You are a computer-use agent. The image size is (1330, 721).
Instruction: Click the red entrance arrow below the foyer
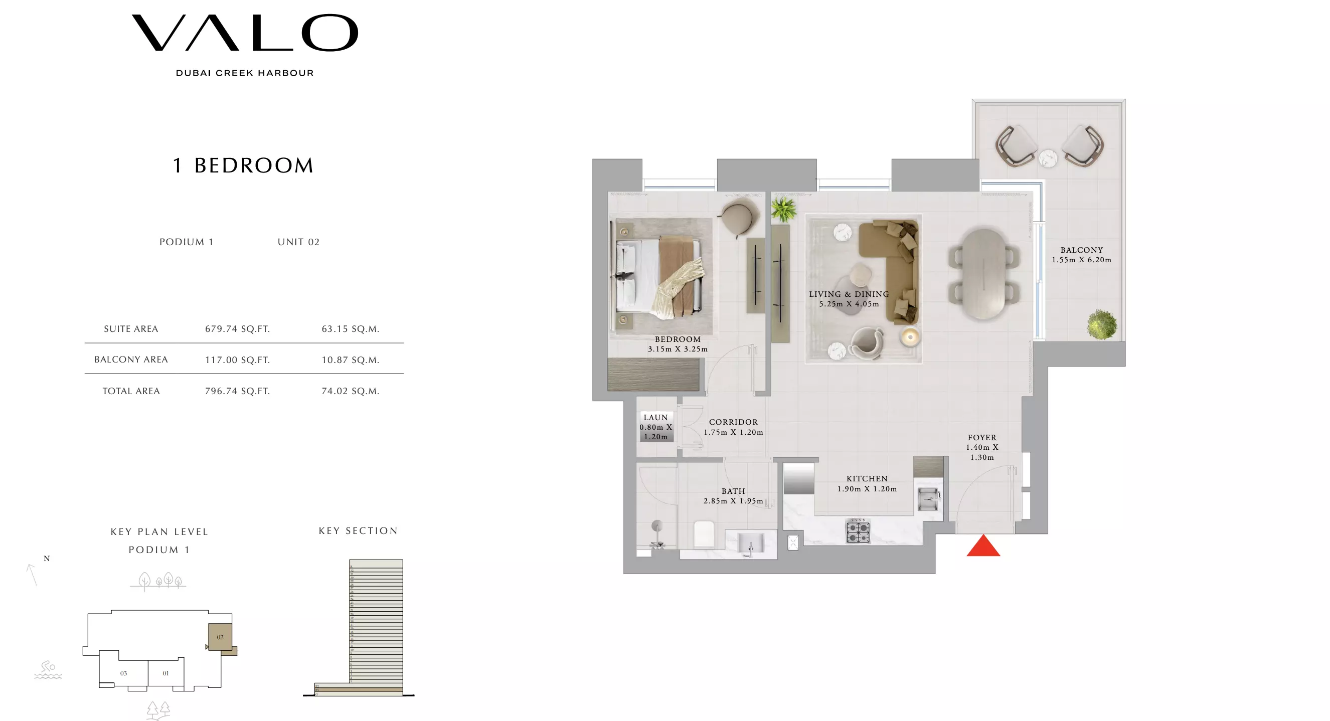click(982, 547)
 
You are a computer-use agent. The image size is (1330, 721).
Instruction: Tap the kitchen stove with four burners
click(858, 531)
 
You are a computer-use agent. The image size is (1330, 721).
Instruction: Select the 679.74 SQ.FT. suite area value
click(238, 329)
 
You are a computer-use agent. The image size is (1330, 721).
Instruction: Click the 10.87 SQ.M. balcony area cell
click(350, 359)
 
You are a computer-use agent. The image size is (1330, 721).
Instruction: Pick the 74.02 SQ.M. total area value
click(350, 391)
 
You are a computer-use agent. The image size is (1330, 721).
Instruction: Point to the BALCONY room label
click(1081, 250)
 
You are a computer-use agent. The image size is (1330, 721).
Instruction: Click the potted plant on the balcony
click(1101, 324)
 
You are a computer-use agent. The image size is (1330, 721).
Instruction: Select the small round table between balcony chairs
click(1048, 158)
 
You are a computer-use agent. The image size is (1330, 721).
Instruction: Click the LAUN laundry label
click(655, 417)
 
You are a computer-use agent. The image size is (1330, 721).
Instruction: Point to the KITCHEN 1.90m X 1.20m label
click(867, 483)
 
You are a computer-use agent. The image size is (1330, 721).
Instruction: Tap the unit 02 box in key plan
click(220, 637)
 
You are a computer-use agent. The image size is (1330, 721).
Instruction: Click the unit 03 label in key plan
click(123, 673)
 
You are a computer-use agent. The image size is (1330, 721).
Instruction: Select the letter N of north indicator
click(47, 559)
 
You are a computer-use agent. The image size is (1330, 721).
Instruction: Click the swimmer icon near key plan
click(48, 669)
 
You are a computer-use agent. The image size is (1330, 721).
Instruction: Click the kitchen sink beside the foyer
click(927, 499)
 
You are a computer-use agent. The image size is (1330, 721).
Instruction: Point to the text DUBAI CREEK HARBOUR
click(245, 73)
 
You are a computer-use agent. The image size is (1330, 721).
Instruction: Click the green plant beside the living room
click(783, 209)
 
